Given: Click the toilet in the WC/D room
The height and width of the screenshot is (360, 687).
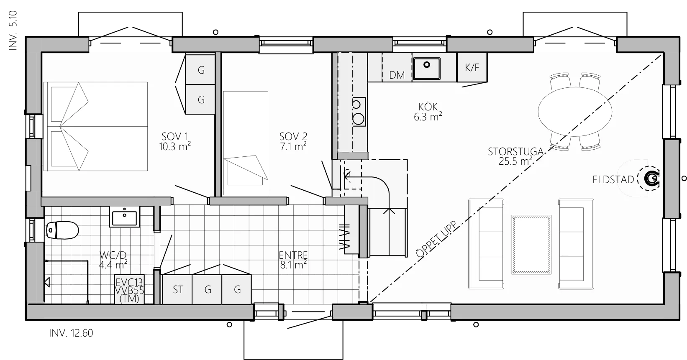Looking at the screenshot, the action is pos(62,230).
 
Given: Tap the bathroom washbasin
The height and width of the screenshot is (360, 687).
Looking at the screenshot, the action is pos(125,217).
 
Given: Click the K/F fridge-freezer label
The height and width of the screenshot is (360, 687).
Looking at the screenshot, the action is pos(472,67).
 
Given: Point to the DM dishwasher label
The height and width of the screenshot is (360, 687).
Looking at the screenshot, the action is pos(397,75).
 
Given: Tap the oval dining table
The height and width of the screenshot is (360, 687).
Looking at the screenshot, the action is pos(575,112).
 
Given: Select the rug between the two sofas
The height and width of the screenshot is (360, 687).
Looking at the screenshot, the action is pos(531,245).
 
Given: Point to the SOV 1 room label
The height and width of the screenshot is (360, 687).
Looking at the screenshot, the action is pos(175,141).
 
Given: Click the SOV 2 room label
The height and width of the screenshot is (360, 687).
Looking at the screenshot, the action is pos(293,141).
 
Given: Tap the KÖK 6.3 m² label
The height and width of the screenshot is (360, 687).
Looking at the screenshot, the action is pos(428,112).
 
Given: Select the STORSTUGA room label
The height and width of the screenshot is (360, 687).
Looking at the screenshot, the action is pos(515,156).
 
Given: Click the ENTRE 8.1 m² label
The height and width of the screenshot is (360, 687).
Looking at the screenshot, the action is pos(293,260).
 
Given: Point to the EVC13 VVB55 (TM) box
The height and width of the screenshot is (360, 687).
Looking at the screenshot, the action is pos(129,289).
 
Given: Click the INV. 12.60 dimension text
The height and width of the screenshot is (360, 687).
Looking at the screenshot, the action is pos(71,333).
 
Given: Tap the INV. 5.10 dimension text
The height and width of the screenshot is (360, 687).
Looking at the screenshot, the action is pos(13,31).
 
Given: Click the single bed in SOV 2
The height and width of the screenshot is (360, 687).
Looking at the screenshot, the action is pos(246,143).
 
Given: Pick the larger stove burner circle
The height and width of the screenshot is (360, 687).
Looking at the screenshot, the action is pos(359,119).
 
